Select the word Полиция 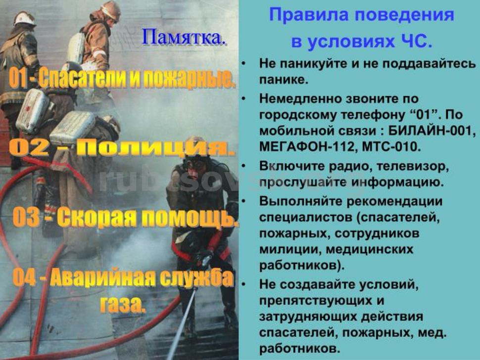(x=155, y=148)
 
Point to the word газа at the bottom (x=122, y=303)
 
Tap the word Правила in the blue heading (x=307, y=15)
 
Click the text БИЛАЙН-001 (x=432, y=131)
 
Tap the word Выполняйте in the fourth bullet (x=301, y=201)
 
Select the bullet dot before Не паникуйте (x=243, y=64)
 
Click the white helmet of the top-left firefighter (x=24, y=18)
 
